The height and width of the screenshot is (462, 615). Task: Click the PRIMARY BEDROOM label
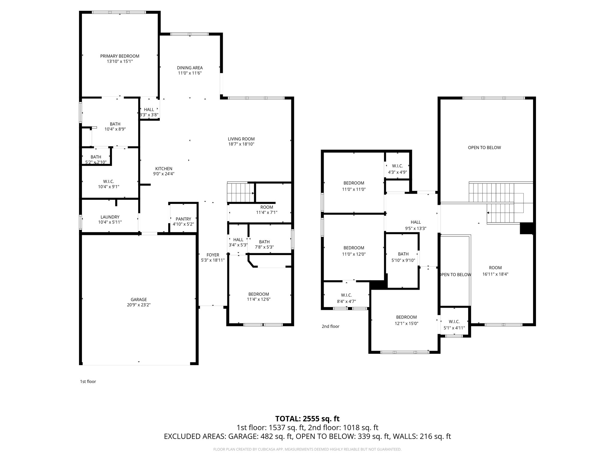click(x=120, y=56)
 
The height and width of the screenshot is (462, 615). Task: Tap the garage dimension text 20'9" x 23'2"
click(x=138, y=305)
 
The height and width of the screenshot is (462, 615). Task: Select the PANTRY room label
click(x=183, y=219)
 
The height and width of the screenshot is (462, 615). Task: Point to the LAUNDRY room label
click(x=110, y=217)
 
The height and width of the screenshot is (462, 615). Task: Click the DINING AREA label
click(x=190, y=68)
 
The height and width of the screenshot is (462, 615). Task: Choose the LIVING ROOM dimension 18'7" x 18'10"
click(x=241, y=144)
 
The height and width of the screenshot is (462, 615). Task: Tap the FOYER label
click(x=213, y=255)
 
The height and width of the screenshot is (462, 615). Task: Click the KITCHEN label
click(x=164, y=168)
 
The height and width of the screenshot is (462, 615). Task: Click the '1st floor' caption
click(x=88, y=381)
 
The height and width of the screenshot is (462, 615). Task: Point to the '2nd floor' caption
click(x=330, y=326)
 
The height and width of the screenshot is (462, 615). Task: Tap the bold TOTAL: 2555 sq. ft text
click(x=307, y=419)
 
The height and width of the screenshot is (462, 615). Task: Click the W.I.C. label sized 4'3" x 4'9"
click(x=397, y=166)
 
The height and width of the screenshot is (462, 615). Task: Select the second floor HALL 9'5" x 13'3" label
click(x=416, y=222)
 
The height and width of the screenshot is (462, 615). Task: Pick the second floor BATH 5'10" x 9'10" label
click(x=403, y=254)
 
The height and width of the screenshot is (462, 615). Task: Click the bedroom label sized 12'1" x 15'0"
click(x=406, y=317)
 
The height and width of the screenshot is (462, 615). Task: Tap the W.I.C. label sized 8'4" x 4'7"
click(x=346, y=295)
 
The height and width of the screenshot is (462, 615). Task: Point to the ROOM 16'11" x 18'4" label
click(x=495, y=268)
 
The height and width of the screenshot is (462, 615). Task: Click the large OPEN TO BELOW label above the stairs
click(x=484, y=147)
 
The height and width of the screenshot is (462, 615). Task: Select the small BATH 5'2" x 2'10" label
click(x=96, y=157)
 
